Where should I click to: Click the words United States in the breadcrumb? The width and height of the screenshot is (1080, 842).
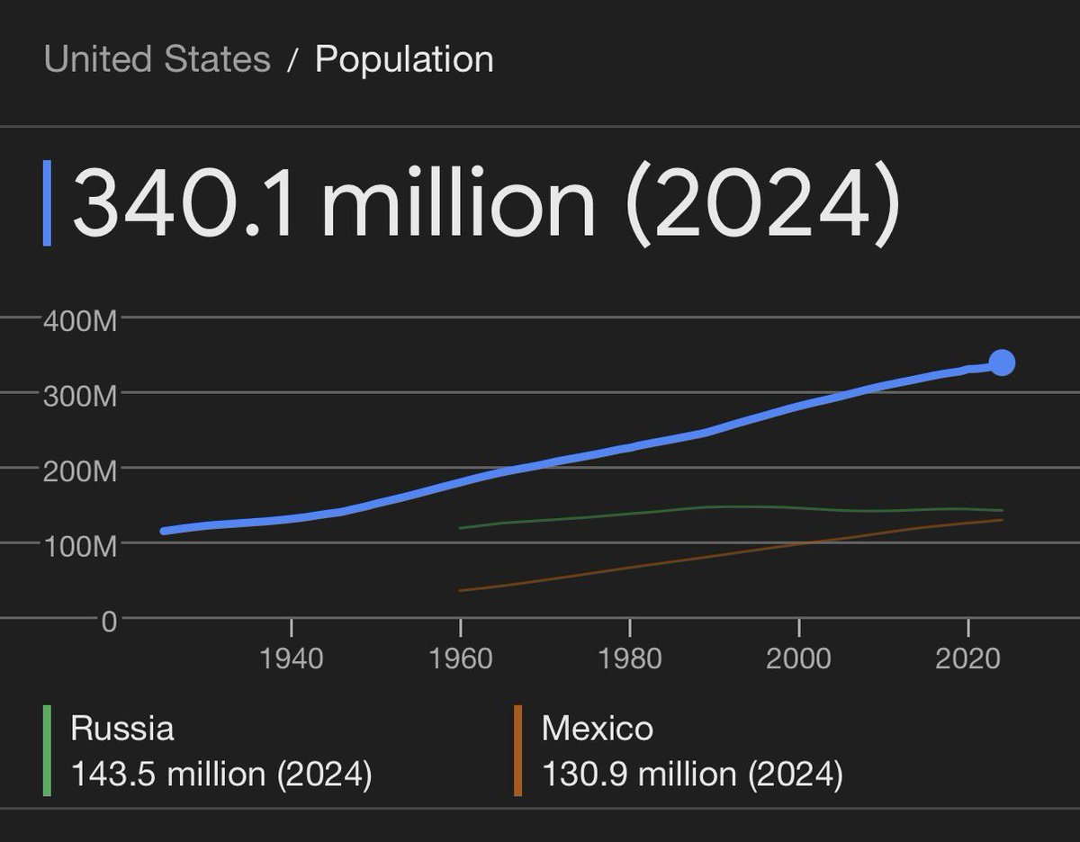[157, 59]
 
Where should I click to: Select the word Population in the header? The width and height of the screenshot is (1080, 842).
[404, 59]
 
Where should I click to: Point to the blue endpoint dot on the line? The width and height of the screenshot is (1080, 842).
[1002, 363]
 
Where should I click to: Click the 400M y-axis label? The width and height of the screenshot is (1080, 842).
[79, 321]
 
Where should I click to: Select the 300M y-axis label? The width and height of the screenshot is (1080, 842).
[79, 396]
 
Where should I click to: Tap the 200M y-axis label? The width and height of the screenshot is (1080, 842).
[79, 471]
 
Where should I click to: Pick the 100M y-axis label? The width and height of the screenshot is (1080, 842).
[79, 546]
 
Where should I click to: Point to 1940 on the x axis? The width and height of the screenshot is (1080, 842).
[291, 658]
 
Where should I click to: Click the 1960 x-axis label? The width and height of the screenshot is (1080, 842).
[460, 658]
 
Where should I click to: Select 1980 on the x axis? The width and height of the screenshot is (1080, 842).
[629, 658]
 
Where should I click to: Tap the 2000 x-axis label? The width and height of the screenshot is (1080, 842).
[798, 658]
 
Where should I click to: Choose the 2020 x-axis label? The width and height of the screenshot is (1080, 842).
[967, 658]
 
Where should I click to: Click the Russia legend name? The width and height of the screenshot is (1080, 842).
[121, 728]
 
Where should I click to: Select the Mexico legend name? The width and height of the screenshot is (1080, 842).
[597, 728]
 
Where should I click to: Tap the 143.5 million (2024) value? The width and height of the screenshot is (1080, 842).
[220, 774]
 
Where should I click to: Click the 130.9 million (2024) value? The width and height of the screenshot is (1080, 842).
[691, 774]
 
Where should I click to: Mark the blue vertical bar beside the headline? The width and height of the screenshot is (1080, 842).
[47, 203]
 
